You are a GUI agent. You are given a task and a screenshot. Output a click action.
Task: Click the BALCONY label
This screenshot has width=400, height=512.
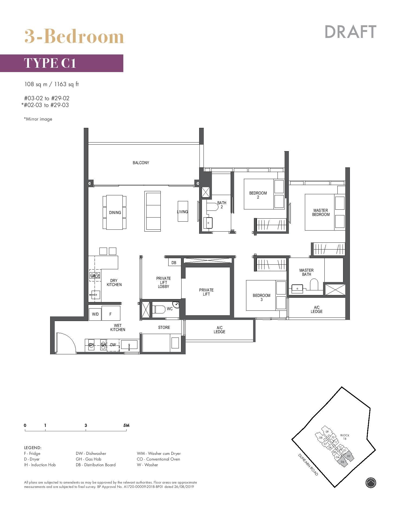[141, 163]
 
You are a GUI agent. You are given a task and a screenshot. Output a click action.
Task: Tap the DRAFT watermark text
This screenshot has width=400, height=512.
[350, 32]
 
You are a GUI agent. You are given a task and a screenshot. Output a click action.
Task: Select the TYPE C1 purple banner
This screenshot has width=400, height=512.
[62, 63]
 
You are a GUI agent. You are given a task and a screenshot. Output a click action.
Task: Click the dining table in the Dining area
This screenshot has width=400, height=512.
[115, 212]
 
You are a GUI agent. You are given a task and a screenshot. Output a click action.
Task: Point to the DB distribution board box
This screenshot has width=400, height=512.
[174, 263]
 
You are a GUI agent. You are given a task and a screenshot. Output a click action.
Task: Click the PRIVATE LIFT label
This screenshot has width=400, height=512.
[206, 292]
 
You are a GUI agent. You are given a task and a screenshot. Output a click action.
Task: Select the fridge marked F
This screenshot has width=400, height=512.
[111, 314]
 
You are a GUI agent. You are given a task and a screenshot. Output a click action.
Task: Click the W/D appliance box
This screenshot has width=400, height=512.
[95, 314]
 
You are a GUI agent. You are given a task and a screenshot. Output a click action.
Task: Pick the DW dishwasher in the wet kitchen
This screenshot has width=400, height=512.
[113, 345]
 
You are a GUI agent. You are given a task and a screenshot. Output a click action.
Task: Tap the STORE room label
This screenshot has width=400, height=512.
[164, 328]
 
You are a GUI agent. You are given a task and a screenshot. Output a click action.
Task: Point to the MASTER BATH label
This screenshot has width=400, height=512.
[306, 272]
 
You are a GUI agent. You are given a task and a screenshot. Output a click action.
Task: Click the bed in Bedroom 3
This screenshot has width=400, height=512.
[262, 295]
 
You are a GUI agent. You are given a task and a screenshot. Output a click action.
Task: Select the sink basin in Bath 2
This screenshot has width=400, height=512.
[208, 223]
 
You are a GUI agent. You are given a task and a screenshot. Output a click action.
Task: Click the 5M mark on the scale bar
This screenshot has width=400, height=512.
[126, 426]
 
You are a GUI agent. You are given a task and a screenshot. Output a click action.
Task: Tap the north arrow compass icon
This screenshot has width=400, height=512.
[371, 482]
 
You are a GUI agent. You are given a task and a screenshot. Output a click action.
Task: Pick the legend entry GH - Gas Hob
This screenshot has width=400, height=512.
[88, 459]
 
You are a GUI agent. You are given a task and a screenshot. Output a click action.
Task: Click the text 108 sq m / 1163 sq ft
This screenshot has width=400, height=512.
[51, 84]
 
